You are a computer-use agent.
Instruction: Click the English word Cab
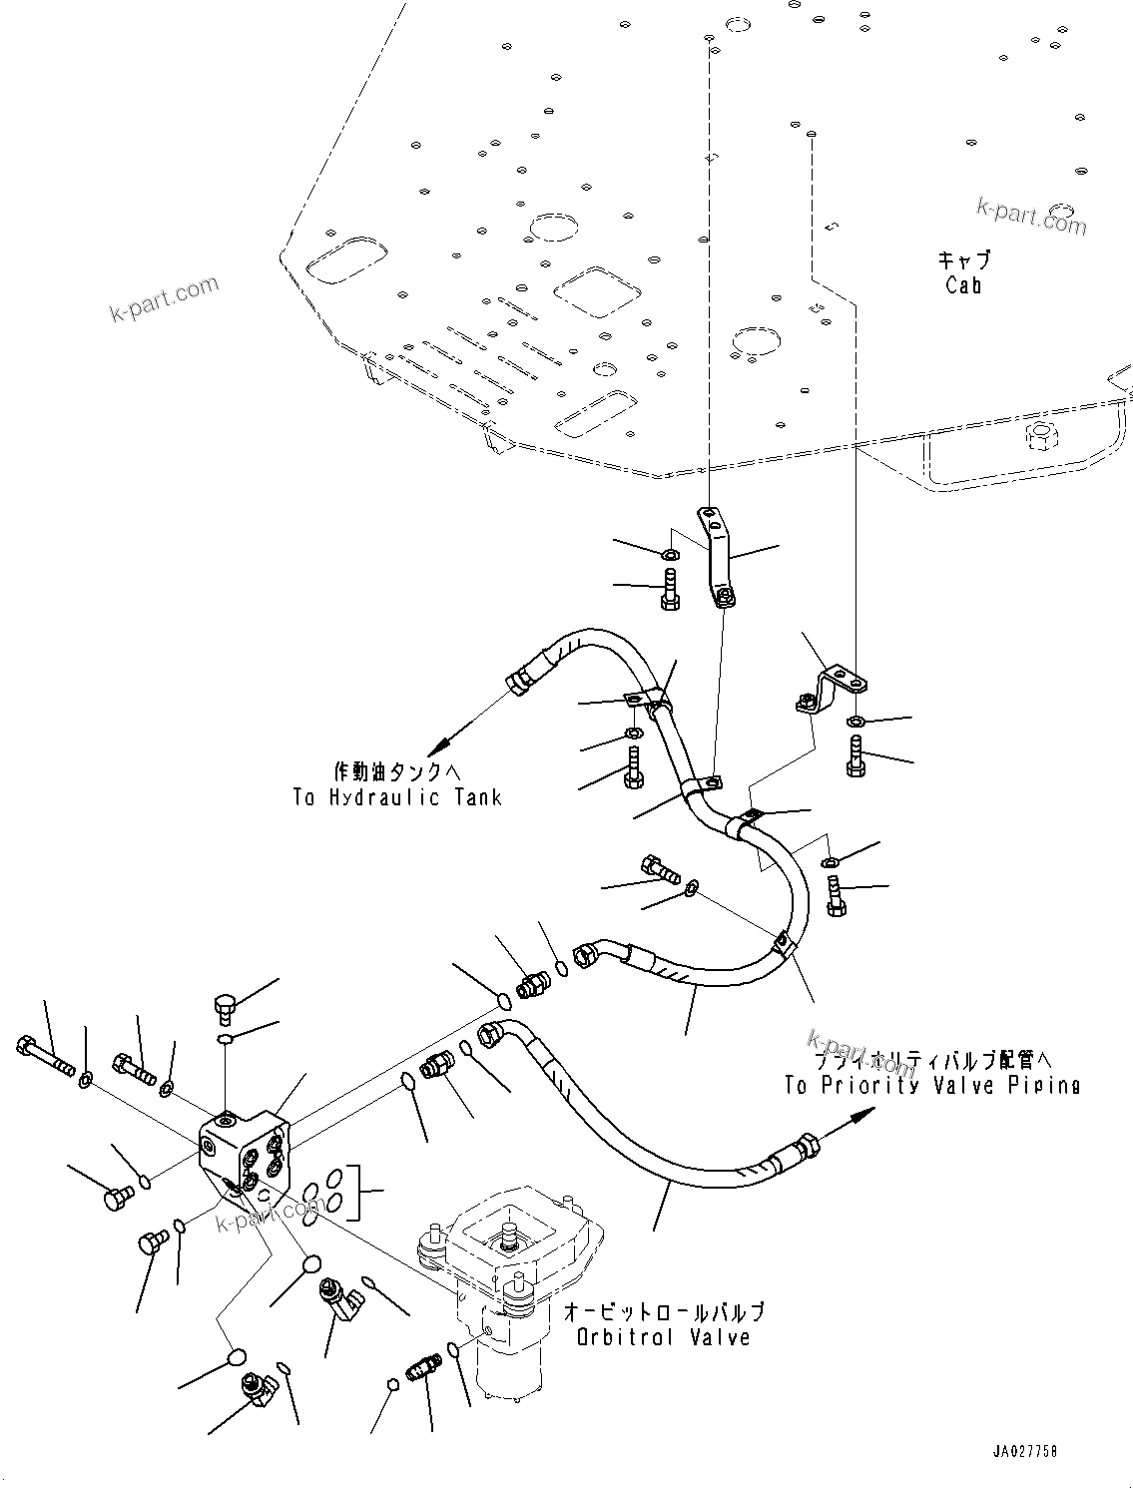tap(963, 285)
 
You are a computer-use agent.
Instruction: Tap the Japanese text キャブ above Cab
tap(963, 260)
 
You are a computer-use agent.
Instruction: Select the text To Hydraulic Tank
tap(397, 797)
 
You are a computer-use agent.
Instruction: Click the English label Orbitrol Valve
tap(663, 1337)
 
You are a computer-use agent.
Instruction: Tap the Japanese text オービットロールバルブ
tap(665, 1310)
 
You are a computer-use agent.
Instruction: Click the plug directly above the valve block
tap(225, 1007)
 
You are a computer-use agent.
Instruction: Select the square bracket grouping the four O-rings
tap(370, 1192)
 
